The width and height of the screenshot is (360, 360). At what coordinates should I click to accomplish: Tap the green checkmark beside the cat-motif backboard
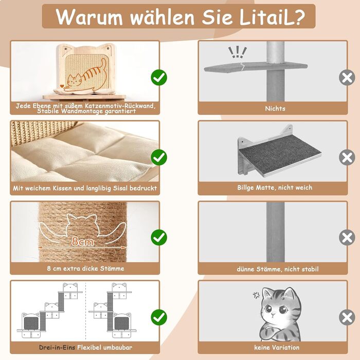[x=159, y=78]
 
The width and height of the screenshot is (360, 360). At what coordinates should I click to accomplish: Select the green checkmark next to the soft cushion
[x=159, y=157]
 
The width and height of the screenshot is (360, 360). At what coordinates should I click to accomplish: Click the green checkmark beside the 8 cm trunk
[x=159, y=237]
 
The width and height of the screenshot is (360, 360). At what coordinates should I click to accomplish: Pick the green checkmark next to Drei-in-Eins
[x=159, y=316]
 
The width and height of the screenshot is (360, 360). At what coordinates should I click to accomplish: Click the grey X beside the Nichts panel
[x=347, y=78]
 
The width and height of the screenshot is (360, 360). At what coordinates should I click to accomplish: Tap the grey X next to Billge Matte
[x=347, y=157]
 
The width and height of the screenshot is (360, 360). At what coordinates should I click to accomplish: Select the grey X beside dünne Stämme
[x=347, y=237]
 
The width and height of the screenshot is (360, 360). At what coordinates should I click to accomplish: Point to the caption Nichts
[x=275, y=109]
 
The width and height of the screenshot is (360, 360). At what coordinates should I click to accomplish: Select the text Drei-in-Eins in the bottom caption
[x=57, y=348]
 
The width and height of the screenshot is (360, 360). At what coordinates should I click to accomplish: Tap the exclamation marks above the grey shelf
[x=237, y=52]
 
